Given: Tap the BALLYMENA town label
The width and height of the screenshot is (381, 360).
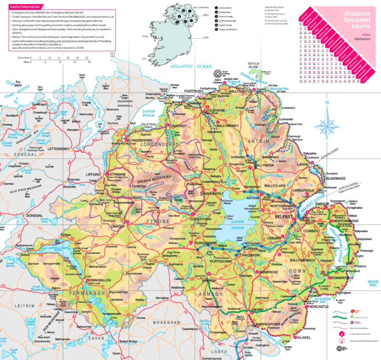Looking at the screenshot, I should pos(263,165).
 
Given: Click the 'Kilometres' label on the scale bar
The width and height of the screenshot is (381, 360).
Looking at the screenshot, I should pos(23,58).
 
